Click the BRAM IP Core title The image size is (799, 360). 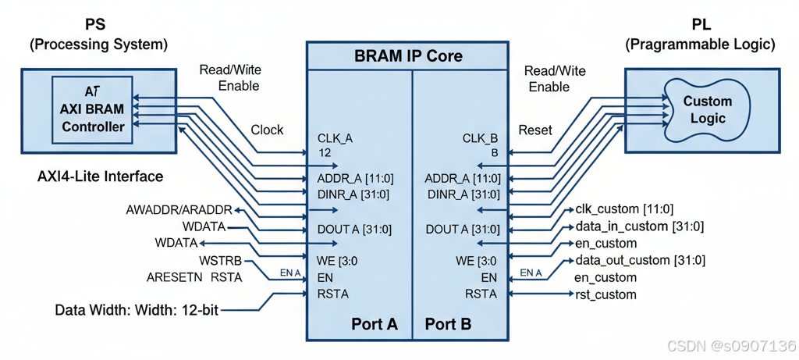coord(408,56)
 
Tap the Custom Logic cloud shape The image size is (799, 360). coord(707,110)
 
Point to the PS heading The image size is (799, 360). coord(95,26)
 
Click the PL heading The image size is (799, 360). coord(701,26)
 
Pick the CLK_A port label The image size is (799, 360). coord(335,138)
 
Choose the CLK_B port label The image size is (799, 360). coord(480,138)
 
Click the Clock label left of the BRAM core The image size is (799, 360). coord(267,130)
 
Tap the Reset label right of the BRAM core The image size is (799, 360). coord(534,130)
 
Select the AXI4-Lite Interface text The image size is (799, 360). coord(101,176)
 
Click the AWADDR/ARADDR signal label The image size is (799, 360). coord(179,210)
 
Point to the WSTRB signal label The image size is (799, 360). coord(220,260)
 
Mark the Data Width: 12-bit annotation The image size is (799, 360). coord(137,310)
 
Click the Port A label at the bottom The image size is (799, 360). coord(374,323)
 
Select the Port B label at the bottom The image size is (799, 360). coord(448,323)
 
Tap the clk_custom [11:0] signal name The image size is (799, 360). coord(624,209)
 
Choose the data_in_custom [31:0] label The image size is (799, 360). coord(639,226)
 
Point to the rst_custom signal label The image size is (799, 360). coord(605,294)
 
